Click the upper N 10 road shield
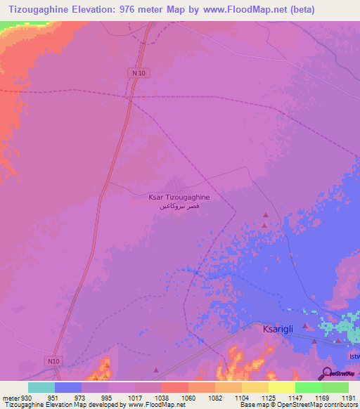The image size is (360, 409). click(x=139, y=73)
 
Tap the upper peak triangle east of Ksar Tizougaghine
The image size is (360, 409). click(x=266, y=215)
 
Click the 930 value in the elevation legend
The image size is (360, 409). click(x=27, y=397)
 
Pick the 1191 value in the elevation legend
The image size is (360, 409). click(x=349, y=397)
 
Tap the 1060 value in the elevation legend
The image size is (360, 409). click(x=188, y=397)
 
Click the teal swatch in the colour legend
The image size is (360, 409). click(x=41, y=387)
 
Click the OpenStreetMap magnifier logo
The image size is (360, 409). click(x=326, y=372)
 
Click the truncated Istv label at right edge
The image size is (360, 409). click(x=354, y=356)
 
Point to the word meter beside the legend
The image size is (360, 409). click(x=10, y=397)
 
